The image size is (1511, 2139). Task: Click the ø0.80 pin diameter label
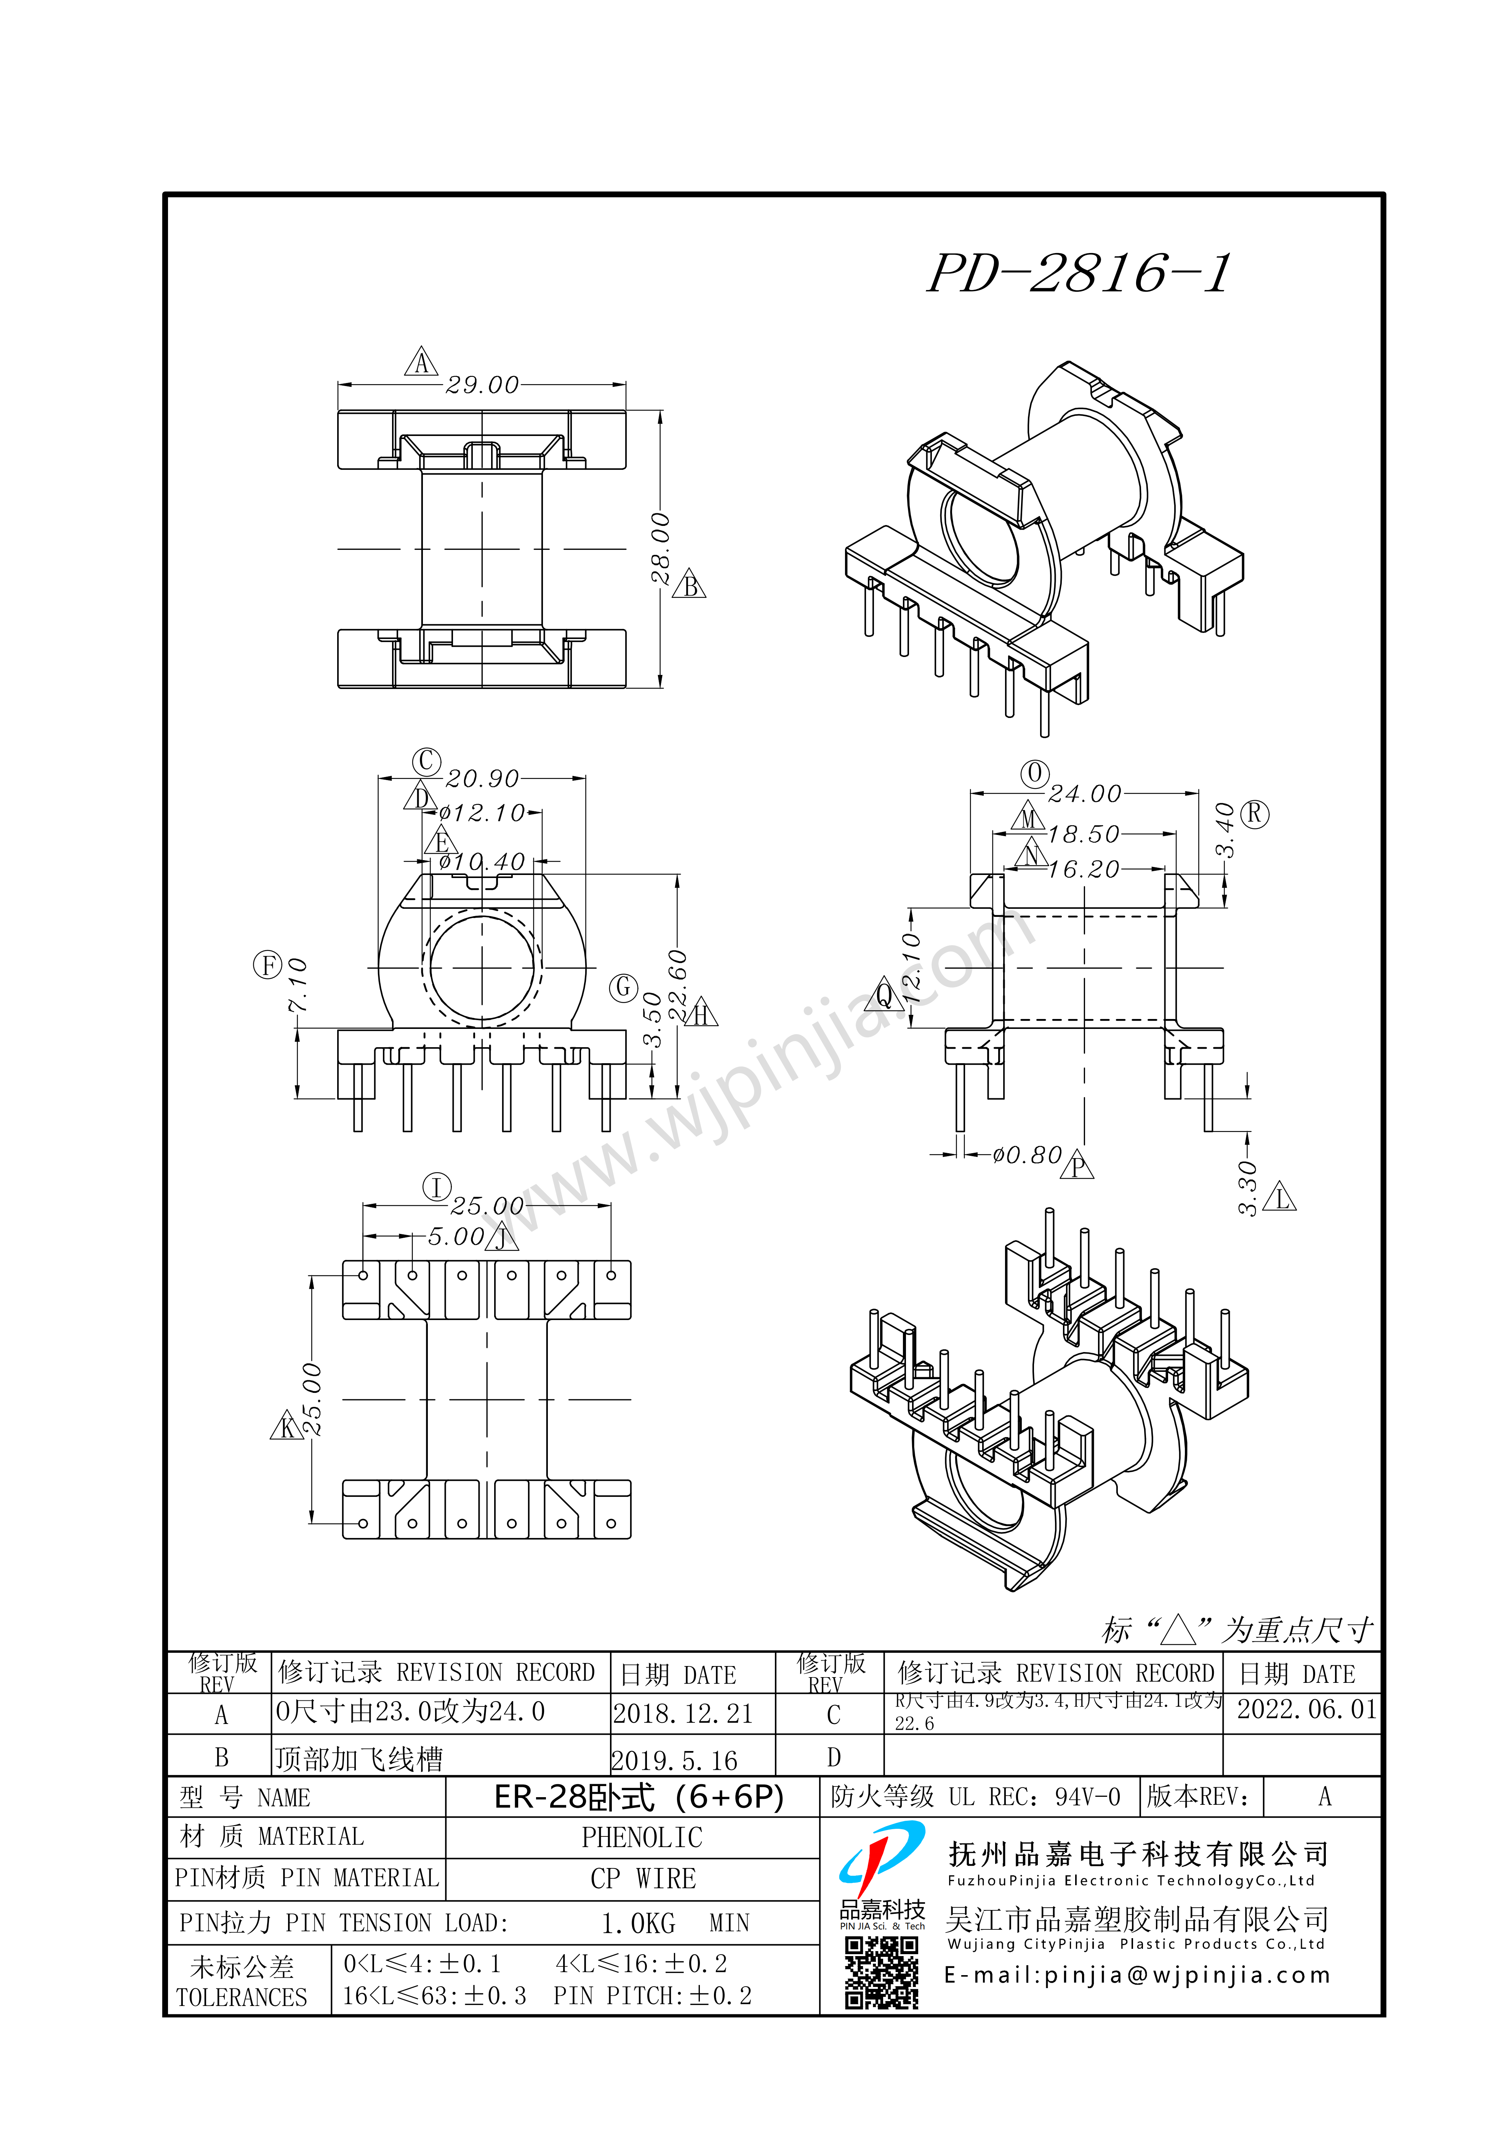(x=1027, y=1155)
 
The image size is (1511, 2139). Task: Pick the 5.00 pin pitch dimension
(x=456, y=1236)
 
